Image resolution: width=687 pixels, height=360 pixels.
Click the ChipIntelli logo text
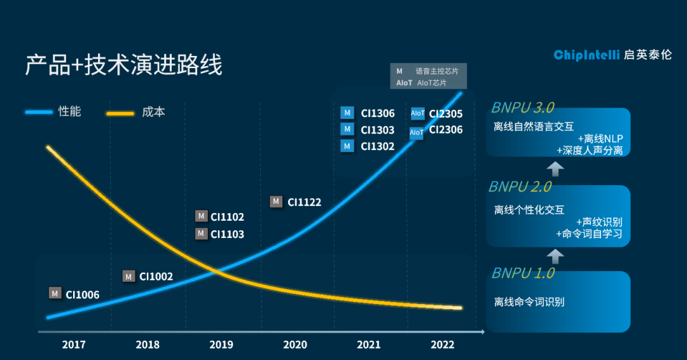[577, 55]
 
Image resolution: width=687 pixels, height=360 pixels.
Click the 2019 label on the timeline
[221, 345]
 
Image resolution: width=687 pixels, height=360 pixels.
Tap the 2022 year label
[443, 345]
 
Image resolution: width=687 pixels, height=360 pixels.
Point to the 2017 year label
[74, 345]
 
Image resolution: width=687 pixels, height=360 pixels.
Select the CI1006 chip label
[82, 294]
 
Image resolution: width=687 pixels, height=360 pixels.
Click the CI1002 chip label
[156, 277]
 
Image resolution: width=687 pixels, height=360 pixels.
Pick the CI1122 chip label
[304, 202]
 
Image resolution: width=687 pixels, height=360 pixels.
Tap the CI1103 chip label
[227, 234]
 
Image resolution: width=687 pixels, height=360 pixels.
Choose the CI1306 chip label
[377, 114]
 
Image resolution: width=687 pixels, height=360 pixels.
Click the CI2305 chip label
[445, 114]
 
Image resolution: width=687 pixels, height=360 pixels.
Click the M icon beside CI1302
[347, 146]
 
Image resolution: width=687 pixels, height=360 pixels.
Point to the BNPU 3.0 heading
[522, 106]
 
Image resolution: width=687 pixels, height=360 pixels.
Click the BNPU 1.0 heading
[522, 273]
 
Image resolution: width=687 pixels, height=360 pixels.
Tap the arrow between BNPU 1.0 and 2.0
[556, 256]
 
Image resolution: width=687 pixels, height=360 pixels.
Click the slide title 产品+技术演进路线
[123, 66]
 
